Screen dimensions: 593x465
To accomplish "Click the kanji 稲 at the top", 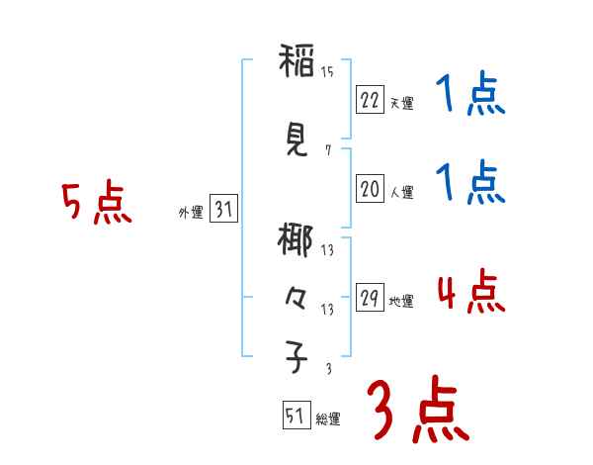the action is (x=296, y=65).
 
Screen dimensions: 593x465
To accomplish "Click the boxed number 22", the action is (x=370, y=100).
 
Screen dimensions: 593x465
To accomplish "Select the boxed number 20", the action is (x=370, y=189).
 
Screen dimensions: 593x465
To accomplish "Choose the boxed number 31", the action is (x=223, y=210).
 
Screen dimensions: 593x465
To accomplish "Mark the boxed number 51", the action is (x=294, y=417).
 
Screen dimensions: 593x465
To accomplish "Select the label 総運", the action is (x=328, y=419).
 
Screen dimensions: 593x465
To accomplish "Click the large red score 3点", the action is (x=418, y=409).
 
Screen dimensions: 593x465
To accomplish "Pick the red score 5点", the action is (x=96, y=204).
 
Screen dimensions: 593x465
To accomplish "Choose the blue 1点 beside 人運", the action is (x=470, y=183).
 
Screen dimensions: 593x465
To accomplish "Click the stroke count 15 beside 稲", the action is (x=327, y=71).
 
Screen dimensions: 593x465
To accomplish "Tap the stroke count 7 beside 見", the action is (x=327, y=150).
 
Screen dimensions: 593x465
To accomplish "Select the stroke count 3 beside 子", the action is (x=327, y=369).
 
